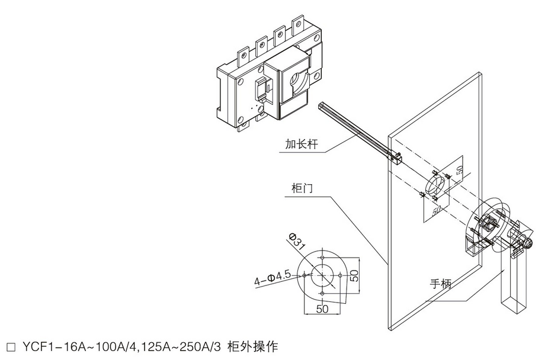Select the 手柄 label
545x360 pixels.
tap(441, 284)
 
